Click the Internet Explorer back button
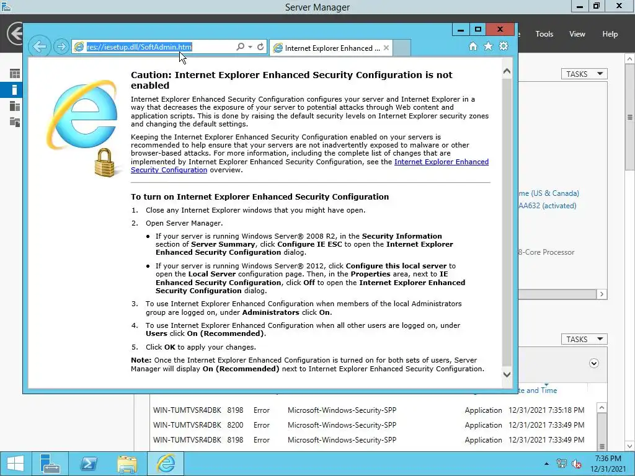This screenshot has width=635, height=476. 39,46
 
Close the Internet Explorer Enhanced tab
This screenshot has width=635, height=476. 386,48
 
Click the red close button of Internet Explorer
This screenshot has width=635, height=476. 500,29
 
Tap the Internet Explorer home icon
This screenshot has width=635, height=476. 473,46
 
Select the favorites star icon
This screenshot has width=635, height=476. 488,46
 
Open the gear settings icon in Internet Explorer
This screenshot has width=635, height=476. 503,46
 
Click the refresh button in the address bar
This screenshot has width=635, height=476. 260,47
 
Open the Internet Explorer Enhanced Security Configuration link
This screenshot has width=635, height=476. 442,162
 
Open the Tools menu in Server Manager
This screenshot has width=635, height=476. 544,34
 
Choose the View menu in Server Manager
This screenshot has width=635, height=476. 577,34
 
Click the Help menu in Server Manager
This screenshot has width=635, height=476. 610,34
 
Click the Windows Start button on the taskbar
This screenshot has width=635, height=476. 15,464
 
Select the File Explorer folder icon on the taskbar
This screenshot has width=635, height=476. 127,464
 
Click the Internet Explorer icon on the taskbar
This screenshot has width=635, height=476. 166,464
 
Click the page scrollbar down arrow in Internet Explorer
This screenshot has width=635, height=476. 507,374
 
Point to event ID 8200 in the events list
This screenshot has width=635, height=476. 235,425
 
